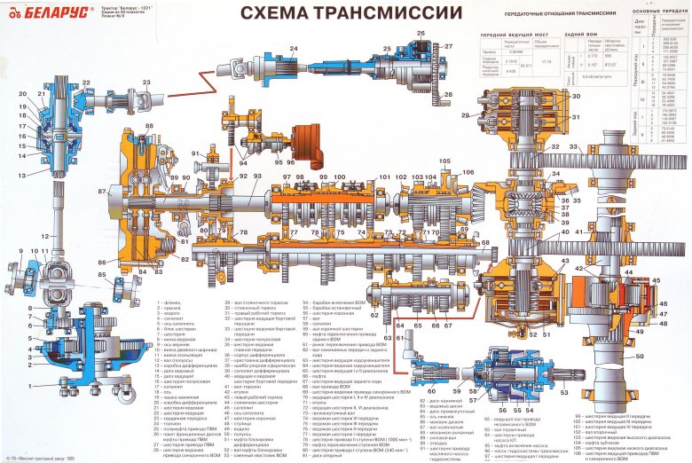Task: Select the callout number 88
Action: click(x=149, y=126)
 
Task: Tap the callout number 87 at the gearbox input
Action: click(x=102, y=191)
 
